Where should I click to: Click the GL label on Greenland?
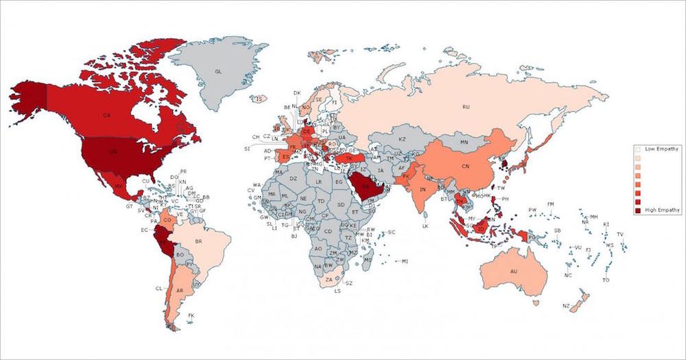coord(219,71)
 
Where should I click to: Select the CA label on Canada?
coord(106,115)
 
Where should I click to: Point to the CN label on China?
coord(465,166)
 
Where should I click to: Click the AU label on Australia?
coord(513,272)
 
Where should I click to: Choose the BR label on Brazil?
coord(199,241)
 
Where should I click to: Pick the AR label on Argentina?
coord(181,291)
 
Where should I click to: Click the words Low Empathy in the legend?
coord(662,149)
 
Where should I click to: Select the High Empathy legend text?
coord(662,210)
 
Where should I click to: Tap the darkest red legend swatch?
coord(639,210)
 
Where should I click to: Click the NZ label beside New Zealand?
coord(566,306)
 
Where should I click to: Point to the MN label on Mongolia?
coord(465,143)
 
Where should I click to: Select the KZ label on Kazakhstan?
coord(402,139)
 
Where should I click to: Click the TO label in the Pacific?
coord(605,280)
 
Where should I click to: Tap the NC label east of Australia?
coord(569,274)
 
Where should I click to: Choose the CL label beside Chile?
coord(159,289)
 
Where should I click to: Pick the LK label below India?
coord(425,226)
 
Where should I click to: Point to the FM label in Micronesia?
coord(550,204)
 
